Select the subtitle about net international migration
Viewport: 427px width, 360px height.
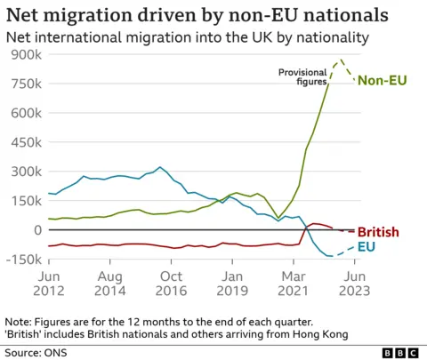click(186, 37)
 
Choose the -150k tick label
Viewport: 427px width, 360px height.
click(23, 259)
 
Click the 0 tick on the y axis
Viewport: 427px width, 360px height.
click(36, 229)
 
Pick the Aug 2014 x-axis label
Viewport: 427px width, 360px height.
click(110, 284)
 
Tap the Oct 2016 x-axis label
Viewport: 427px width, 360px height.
click(171, 284)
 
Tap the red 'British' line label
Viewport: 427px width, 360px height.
click(378, 233)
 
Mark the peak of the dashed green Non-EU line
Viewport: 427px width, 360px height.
click(340, 60)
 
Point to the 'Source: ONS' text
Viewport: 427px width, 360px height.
click(35, 352)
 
